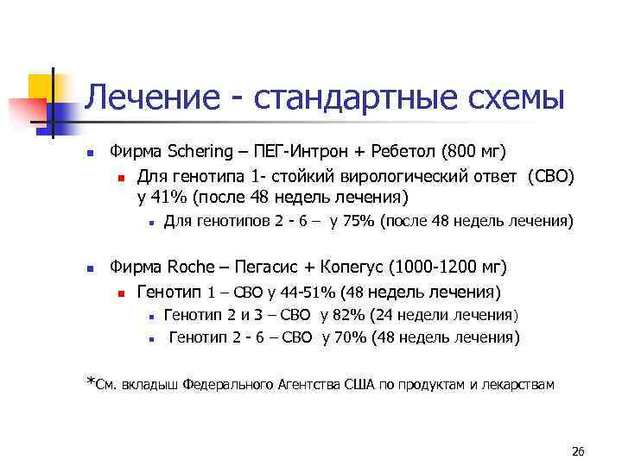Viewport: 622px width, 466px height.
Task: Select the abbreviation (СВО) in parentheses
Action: pos(548,176)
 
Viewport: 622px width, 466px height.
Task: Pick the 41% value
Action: pos(172,197)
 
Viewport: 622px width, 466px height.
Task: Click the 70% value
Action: pos(352,337)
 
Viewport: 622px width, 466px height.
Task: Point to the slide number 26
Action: pos(578,452)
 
